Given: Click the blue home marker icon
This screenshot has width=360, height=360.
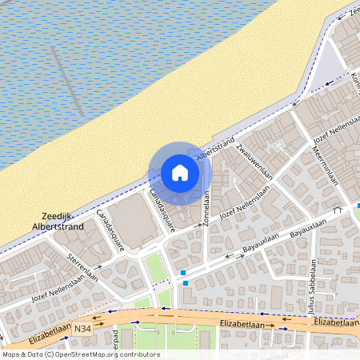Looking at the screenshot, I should (180, 173).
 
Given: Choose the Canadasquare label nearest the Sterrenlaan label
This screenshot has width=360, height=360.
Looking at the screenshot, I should (110, 230).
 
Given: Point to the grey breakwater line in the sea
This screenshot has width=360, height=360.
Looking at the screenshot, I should (67, 80).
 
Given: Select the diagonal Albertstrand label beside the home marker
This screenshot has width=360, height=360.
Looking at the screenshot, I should (217, 149).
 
